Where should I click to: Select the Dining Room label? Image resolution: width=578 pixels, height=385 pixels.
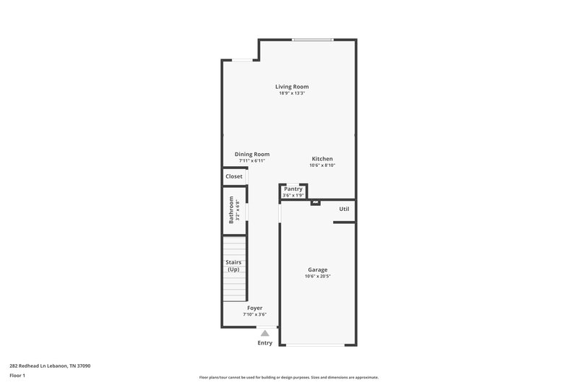252,154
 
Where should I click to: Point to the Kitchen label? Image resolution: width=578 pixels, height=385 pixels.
322,159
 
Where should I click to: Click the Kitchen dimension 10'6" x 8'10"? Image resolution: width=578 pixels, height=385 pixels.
322,165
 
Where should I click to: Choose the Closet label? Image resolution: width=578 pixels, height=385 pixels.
234,176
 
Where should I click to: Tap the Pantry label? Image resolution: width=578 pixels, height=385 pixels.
293,189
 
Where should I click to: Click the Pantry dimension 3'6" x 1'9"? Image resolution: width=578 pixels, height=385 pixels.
293,195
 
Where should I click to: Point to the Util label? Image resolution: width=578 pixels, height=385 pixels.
345,209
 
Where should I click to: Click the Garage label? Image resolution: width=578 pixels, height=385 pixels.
318,269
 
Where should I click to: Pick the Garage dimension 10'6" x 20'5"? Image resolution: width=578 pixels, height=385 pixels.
318,276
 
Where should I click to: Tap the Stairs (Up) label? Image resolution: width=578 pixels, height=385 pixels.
233,266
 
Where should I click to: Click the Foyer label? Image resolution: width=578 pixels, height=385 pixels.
254,308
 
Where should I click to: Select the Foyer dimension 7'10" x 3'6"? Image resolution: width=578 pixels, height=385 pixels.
254,314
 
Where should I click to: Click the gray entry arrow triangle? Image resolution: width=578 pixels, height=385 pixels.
265,333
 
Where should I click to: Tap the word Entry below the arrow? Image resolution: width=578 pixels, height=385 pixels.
265,343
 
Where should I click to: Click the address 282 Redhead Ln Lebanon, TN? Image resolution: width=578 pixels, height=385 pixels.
50,365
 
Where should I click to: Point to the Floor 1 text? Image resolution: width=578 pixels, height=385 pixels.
17,376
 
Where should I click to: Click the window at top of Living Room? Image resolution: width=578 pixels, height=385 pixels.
313,40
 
